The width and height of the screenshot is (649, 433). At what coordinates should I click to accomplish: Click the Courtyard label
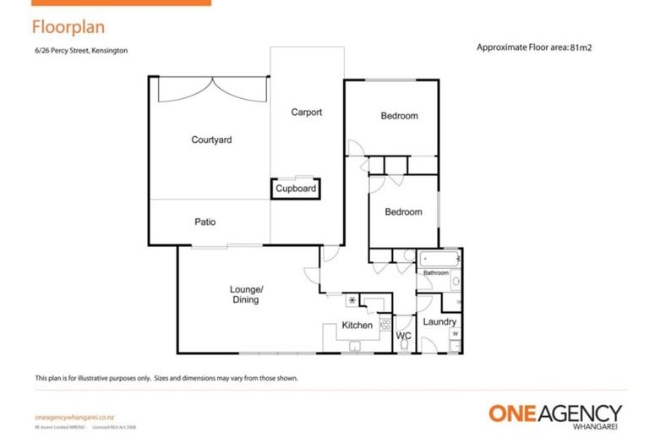click(211, 140)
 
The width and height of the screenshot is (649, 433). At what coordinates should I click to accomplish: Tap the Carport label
click(306, 112)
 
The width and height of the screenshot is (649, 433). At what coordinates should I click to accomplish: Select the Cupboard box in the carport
click(296, 189)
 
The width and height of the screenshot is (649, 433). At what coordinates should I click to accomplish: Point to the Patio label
click(205, 222)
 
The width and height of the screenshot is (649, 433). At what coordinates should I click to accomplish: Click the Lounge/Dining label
click(247, 294)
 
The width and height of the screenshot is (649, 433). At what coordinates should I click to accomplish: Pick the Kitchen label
click(357, 326)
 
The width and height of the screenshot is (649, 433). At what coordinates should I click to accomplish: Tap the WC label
click(404, 336)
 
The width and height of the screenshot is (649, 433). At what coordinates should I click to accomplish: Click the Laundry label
click(439, 322)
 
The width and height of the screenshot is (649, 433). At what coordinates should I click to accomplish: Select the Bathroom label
click(436, 273)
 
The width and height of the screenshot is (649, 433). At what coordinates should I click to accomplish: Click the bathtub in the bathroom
click(438, 258)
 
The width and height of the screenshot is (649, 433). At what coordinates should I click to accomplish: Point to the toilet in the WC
click(403, 322)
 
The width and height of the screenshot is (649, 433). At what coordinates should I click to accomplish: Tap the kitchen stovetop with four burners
click(385, 323)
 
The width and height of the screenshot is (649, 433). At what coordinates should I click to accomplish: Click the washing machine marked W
click(455, 334)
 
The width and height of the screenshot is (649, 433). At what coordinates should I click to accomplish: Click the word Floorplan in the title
click(68, 27)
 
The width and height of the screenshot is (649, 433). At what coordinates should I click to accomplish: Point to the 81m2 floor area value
click(581, 47)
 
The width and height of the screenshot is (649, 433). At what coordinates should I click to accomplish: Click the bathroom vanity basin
click(455, 281)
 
